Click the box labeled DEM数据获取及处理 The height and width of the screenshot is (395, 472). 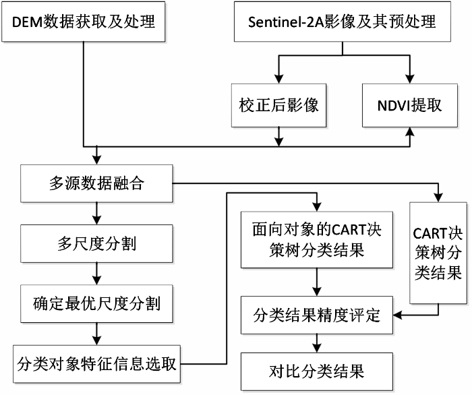pyautogui.click(x=84, y=22)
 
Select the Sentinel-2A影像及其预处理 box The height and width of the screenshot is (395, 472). pyautogui.click(x=343, y=22)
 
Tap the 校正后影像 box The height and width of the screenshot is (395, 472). pyautogui.click(x=278, y=105)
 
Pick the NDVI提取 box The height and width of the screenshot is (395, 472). pyautogui.click(x=410, y=105)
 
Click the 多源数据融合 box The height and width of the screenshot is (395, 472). pyautogui.click(x=96, y=183)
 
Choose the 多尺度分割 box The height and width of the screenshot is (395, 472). pyautogui.click(x=96, y=243)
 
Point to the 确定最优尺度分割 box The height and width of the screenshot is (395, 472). pyautogui.click(x=96, y=303)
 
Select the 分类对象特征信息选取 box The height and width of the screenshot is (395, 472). pyautogui.click(x=96, y=364)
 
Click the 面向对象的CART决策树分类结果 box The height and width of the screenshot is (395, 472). pyautogui.click(x=317, y=240)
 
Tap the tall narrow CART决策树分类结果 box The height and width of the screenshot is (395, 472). pyautogui.click(x=438, y=253)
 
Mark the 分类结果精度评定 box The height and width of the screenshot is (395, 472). pyautogui.click(x=317, y=315)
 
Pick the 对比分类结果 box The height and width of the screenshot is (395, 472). pyautogui.click(x=317, y=371)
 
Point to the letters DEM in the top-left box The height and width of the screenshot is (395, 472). pyautogui.click(x=28, y=22)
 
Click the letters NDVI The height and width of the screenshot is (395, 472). pyautogui.click(x=393, y=106)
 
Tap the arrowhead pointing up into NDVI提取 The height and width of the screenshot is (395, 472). pyautogui.click(x=410, y=131)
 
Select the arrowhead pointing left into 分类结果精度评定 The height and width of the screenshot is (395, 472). pyautogui.click(x=398, y=315)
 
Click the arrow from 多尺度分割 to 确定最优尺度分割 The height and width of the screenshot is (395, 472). pyautogui.click(x=96, y=274)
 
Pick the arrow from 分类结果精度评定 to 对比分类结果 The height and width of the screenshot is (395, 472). pyautogui.click(x=317, y=343)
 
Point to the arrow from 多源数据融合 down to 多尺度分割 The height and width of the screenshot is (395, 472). pyautogui.click(x=96, y=213)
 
